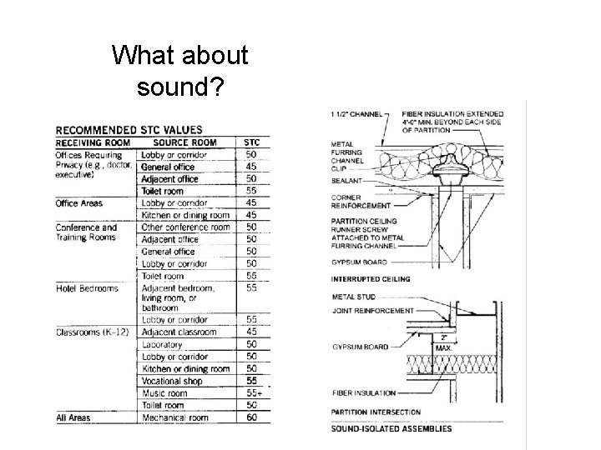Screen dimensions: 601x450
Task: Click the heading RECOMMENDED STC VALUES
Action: pyautogui.click(x=128, y=129)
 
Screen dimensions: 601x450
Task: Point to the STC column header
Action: pyautogui.click(x=250, y=142)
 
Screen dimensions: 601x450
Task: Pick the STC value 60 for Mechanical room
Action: pyautogui.click(x=250, y=417)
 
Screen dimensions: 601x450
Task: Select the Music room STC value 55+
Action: pyautogui.click(x=251, y=392)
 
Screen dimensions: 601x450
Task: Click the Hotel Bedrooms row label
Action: pyautogui.click(x=86, y=288)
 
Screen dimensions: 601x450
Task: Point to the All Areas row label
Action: pyautogui.click(x=73, y=417)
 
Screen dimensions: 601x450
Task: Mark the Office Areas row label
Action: pyautogui.click(x=78, y=203)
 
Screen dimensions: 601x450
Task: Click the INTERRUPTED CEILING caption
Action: pyautogui.click(x=371, y=279)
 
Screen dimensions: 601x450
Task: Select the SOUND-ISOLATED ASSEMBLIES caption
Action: pyautogui.click(x=391, y=428)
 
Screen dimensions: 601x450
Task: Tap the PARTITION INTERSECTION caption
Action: pyautogui.click(x=376, y=412)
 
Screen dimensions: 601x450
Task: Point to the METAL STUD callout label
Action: pyautogui.click(x=347, y=295)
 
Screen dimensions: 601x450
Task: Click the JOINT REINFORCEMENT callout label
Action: pyautogui.click(x=372, y=311)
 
